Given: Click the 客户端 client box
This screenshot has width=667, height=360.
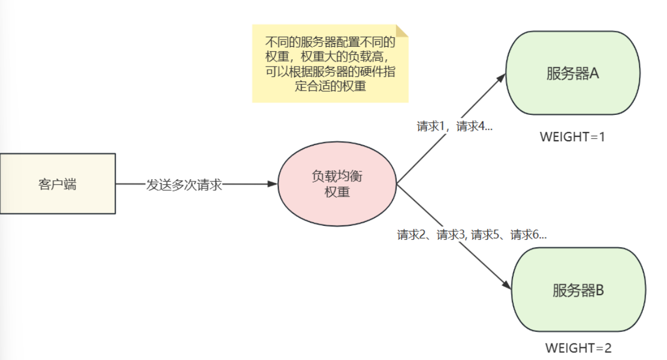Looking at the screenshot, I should point(58,184).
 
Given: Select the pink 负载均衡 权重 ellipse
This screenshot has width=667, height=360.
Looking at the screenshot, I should point(337,184).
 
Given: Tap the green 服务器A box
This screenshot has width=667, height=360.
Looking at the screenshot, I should point(572,74).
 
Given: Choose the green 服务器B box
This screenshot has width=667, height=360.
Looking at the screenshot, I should point(578,290).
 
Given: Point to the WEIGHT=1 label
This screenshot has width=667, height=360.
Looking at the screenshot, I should point(572,137).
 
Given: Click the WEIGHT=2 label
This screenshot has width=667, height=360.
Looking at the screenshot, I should point(578,348).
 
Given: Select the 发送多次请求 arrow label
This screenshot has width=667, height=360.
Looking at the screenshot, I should point(184,185).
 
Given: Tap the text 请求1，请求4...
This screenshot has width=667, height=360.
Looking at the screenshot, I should point(454,126).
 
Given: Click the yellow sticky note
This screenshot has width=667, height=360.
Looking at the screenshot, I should point(330,63).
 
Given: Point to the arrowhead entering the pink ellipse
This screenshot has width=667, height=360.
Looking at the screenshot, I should point(273,184).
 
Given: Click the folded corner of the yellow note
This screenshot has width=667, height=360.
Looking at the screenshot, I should point(402,31).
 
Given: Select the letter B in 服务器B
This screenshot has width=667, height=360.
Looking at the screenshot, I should point(599,290).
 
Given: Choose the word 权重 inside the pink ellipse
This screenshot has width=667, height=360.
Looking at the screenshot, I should point(337,192).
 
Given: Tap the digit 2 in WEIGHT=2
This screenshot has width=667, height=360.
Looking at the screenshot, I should point(607,348).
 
